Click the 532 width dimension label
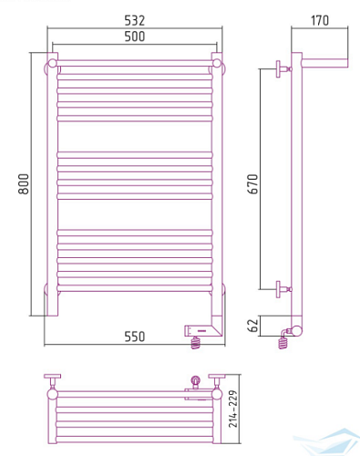click(135, 20)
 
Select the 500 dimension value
click(135, 36)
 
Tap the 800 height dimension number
click(24, 184)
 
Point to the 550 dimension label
click(135, 337)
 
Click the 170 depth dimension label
click(320, 20)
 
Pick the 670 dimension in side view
click(252, 184)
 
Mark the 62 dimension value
click(252, 325)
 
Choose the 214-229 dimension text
click(233, 409)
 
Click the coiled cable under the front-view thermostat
click(196, 343)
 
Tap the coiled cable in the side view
click(283, 342)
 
